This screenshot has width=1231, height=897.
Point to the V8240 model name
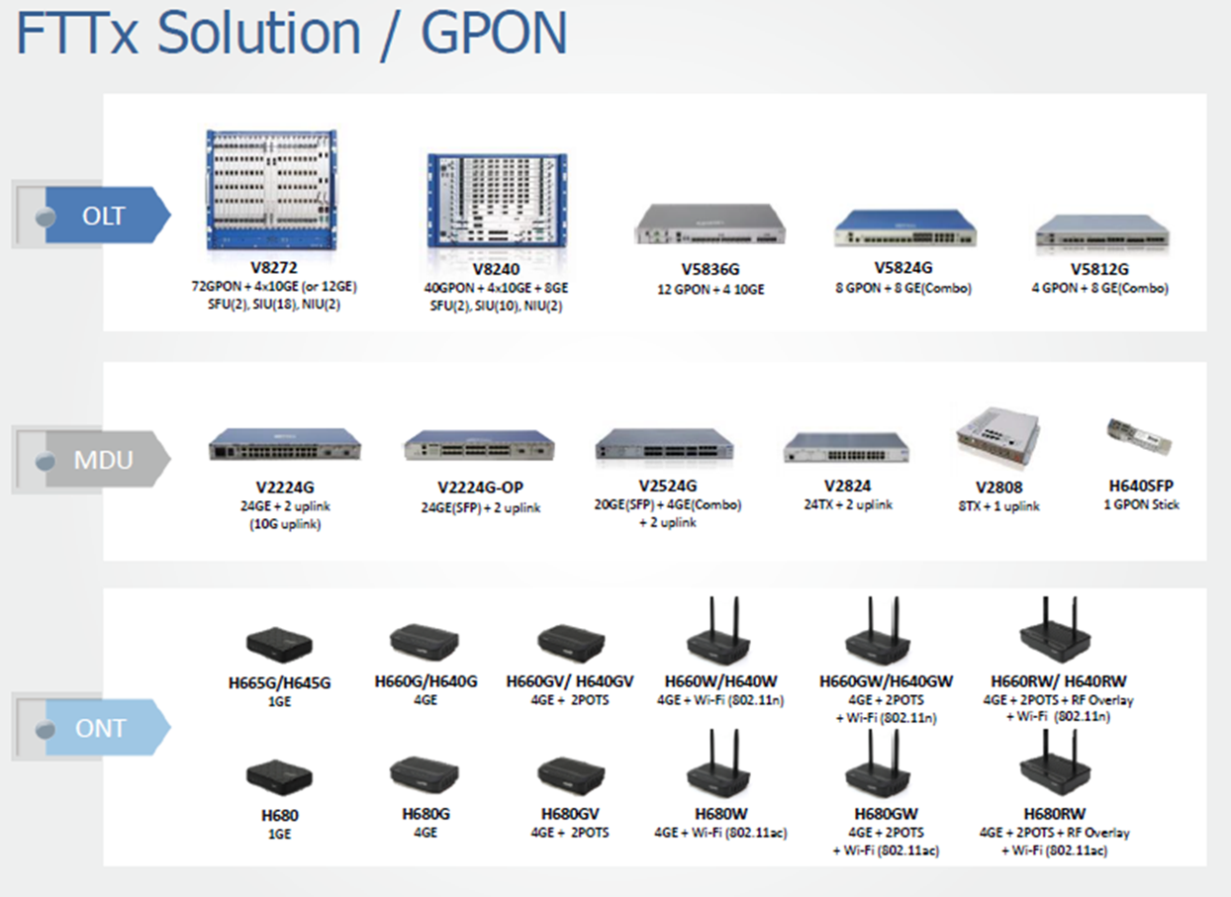(496, 268)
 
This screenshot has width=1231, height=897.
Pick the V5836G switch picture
(710, 226)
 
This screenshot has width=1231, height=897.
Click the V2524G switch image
(664, 448)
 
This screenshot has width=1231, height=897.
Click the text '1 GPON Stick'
(1141, 504)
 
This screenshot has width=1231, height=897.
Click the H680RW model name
(1053, 815)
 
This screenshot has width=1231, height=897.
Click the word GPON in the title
(494, 35)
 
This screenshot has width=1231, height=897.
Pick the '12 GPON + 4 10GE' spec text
(710, 290)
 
